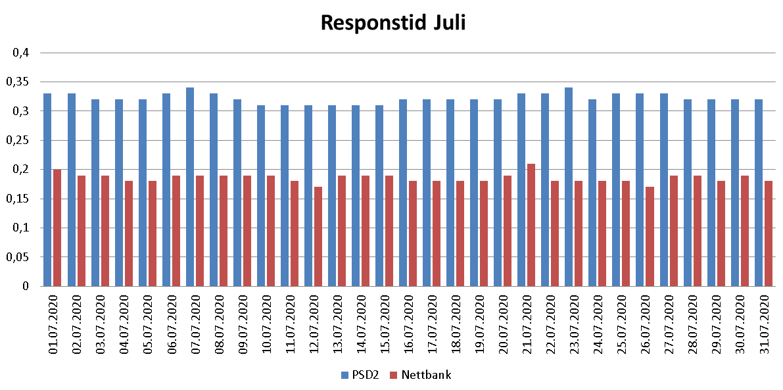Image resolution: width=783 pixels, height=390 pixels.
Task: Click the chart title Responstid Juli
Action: coord(392,23)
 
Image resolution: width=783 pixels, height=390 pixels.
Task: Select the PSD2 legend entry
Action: coord(360,375)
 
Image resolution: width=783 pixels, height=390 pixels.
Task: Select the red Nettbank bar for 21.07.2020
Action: coord(531,225)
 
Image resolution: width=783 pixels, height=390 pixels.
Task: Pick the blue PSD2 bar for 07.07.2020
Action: coord(190,187)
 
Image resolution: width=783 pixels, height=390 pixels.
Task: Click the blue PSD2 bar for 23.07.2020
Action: coord(569,187)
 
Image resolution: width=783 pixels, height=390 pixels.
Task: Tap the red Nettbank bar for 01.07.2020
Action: coord(57,228)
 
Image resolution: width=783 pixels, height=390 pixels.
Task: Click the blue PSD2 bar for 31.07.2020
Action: coord(759,193)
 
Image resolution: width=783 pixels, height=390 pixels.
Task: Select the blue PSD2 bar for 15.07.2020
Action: coord(379,195)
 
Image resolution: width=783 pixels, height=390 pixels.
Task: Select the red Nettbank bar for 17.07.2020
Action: coord(437,233)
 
